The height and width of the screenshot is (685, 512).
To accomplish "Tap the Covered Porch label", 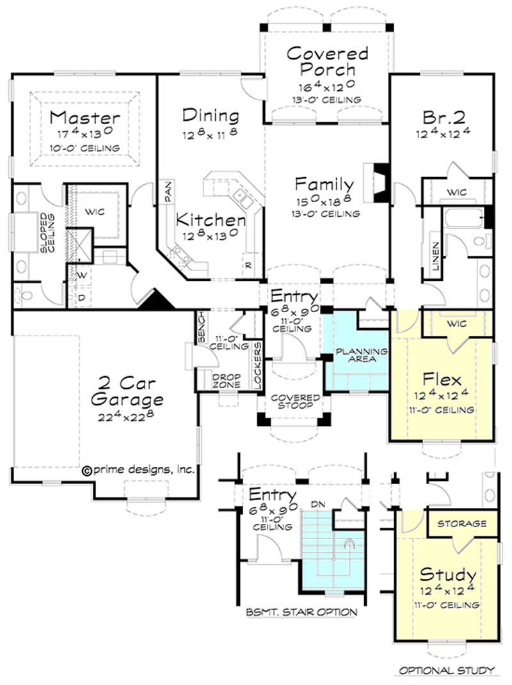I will (x=327, y=61).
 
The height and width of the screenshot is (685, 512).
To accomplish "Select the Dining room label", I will (x=211, y=116).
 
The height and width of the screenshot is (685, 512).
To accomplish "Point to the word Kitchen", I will (x=211, y=220).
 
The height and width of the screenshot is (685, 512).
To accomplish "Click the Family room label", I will (x=324, y=184).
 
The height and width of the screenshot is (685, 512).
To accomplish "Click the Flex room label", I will (x=442, y=377).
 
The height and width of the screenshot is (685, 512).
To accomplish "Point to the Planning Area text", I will (x=362, y=355).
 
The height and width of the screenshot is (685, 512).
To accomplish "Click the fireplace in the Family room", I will (x=378, y=182).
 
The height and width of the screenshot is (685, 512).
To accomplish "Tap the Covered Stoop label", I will (x=295, y=401).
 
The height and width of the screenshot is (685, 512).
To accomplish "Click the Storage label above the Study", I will (x=461, y=523).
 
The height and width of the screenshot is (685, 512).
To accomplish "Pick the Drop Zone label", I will (x=227, y=381).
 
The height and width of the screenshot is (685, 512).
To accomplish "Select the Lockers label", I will (x=257, y=366).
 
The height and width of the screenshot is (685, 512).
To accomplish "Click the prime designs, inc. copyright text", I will (x=138, y=469).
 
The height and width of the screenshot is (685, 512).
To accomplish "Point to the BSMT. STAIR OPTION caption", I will (x=301, y=612).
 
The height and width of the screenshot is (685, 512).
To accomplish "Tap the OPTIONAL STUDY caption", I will (x=447, y=670).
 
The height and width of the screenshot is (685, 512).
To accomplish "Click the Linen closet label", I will (x=435, y=256).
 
